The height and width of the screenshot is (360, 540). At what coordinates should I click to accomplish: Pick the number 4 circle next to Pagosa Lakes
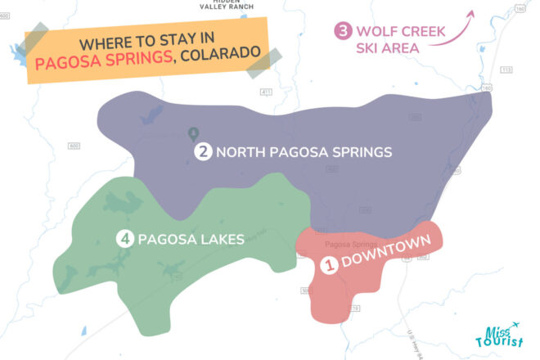tap(124, 239)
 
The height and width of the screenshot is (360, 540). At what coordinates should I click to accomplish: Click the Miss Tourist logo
tap(497, 335)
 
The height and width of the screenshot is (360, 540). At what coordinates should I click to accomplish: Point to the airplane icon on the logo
tap(513, 326)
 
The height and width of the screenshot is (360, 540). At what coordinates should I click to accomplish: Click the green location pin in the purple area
tap(193, 133)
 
